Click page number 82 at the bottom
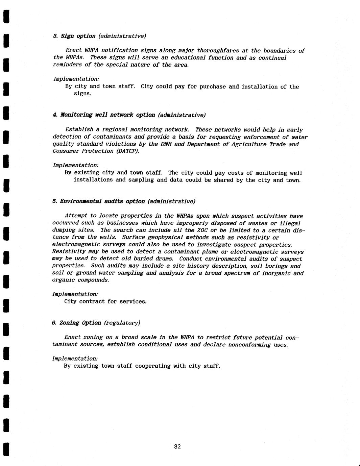177,446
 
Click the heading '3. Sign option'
74,36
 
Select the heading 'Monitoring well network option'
107,115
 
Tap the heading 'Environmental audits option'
102,201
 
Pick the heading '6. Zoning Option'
76,323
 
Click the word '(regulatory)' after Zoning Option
122,323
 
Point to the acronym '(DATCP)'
128,151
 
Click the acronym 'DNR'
166,144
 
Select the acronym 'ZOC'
202,230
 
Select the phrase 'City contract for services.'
105,301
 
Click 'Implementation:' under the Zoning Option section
75,359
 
